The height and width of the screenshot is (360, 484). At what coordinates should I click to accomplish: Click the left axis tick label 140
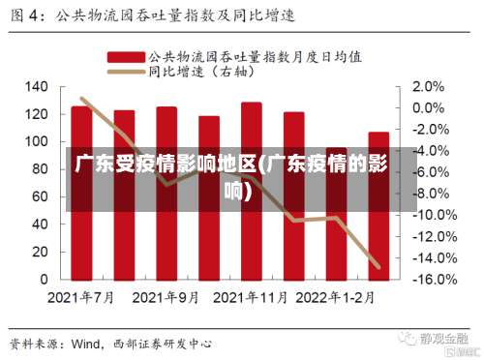[x=35, y=87]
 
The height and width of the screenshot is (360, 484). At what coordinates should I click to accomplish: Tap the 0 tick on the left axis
[x=43, y=279]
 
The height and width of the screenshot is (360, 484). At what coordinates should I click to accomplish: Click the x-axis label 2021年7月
[x=81, y=297]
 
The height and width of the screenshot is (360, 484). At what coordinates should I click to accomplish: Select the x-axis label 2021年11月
[x=252, y=297]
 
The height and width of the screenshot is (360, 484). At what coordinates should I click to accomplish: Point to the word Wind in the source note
[x=88, y=344]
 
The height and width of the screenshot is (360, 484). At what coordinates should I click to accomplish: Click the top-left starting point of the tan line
[x=82, y=98]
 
